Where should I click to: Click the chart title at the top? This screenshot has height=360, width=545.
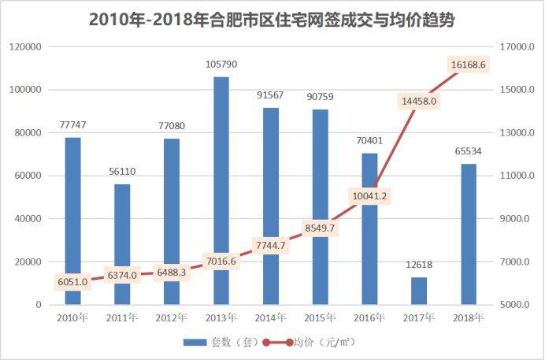pos(272,20)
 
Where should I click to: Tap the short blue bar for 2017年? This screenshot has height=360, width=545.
pos(419,291)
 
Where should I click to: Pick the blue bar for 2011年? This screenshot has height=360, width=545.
pos(122,244)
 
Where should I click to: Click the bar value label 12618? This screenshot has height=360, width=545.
pos(419,265)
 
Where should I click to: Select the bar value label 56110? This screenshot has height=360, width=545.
pos(122,172)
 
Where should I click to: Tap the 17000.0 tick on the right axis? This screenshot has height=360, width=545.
pos(521,47)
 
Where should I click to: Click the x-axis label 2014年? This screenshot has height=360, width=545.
pos(271,317)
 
